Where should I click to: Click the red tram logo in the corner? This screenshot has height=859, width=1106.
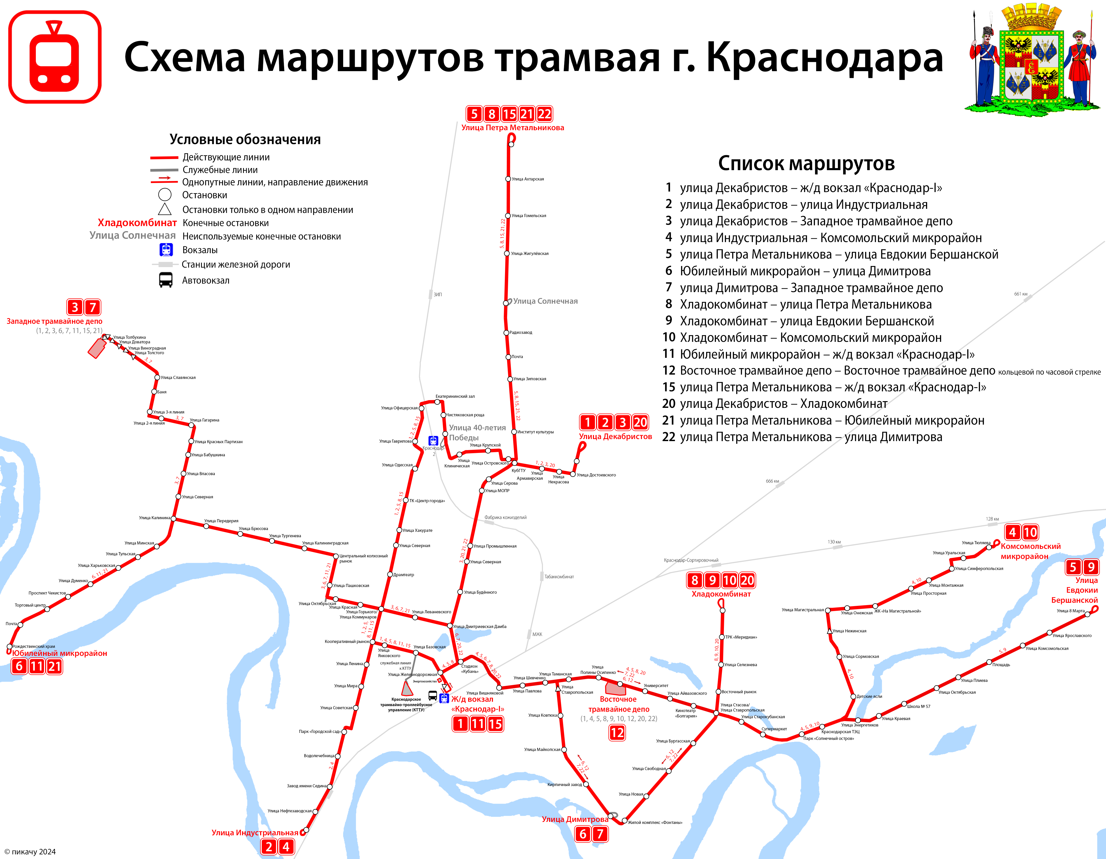click(55, 57)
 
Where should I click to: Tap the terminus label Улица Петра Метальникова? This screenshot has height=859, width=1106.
click(513, 128)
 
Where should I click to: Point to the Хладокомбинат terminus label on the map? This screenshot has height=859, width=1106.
click(721, 594)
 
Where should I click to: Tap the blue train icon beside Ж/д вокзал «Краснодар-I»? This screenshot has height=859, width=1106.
click(444, 698)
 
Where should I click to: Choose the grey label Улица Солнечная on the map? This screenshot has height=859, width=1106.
click(546, 301)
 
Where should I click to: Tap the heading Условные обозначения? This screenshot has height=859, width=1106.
click(245, 139)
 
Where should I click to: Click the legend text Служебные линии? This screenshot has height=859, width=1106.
click(220, 170)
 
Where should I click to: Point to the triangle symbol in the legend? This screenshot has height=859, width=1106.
click(164, 209)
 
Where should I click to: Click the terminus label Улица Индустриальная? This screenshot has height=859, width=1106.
click(255, 833)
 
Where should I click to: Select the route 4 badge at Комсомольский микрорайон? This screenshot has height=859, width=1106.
click(1012, 532)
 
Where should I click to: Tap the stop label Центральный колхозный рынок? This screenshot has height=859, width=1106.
click(363, 558)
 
